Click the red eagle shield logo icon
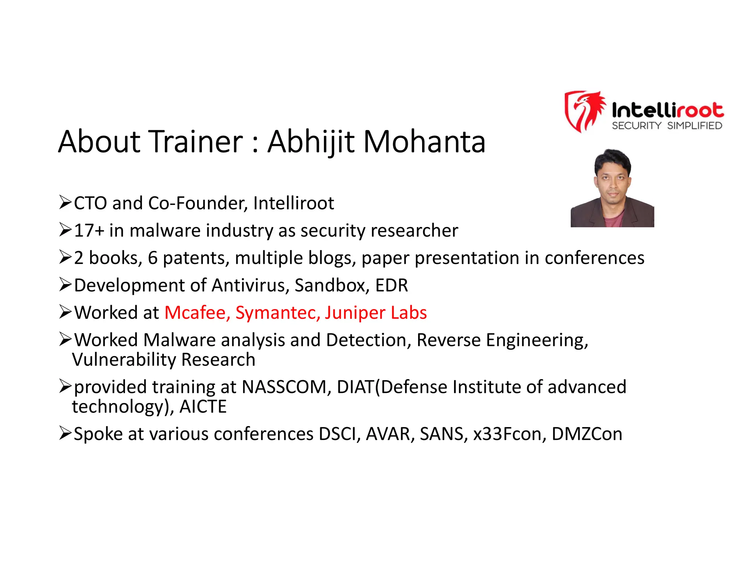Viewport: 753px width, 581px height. pyautogui.click(x=584, y=111)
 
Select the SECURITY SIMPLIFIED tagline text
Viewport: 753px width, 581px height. pyautogui.click(x=667, y=126)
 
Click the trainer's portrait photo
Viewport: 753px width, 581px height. pyautogui.click(x=612, y=188)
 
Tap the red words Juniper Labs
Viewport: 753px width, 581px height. pyautogui.click(x=375, y=313)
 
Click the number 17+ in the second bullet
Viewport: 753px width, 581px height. pyautogui.click(x=89, y=231)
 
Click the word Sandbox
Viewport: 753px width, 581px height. pyautogui.click(x=331, y=285)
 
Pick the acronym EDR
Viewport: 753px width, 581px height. pyautogui.click(x=391, y=285)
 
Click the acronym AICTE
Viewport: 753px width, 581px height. pyautogui.click(x=203, y=407)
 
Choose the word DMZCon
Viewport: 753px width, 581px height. pyautogui.click(x=587, y=434)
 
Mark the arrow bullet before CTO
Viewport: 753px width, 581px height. pyautogui.click(x=65, y=202)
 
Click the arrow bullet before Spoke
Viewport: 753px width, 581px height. pyautogui.click(x=65, y=433)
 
